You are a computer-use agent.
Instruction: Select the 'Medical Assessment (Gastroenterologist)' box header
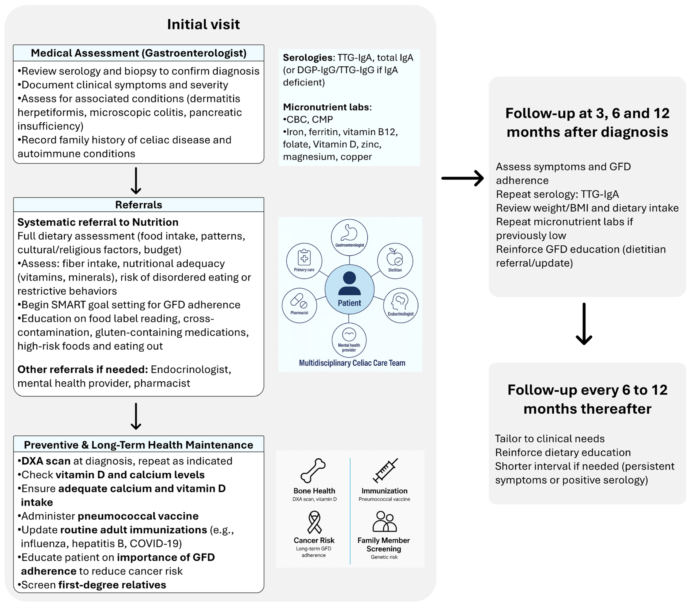139,53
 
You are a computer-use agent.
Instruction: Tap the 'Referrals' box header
139,205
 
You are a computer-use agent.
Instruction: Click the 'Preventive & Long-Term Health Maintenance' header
139,445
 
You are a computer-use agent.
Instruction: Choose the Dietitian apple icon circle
395,261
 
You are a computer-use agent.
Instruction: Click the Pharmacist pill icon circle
299,305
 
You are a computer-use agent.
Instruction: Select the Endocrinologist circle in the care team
401,305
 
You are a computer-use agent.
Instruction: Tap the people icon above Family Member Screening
384,522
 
